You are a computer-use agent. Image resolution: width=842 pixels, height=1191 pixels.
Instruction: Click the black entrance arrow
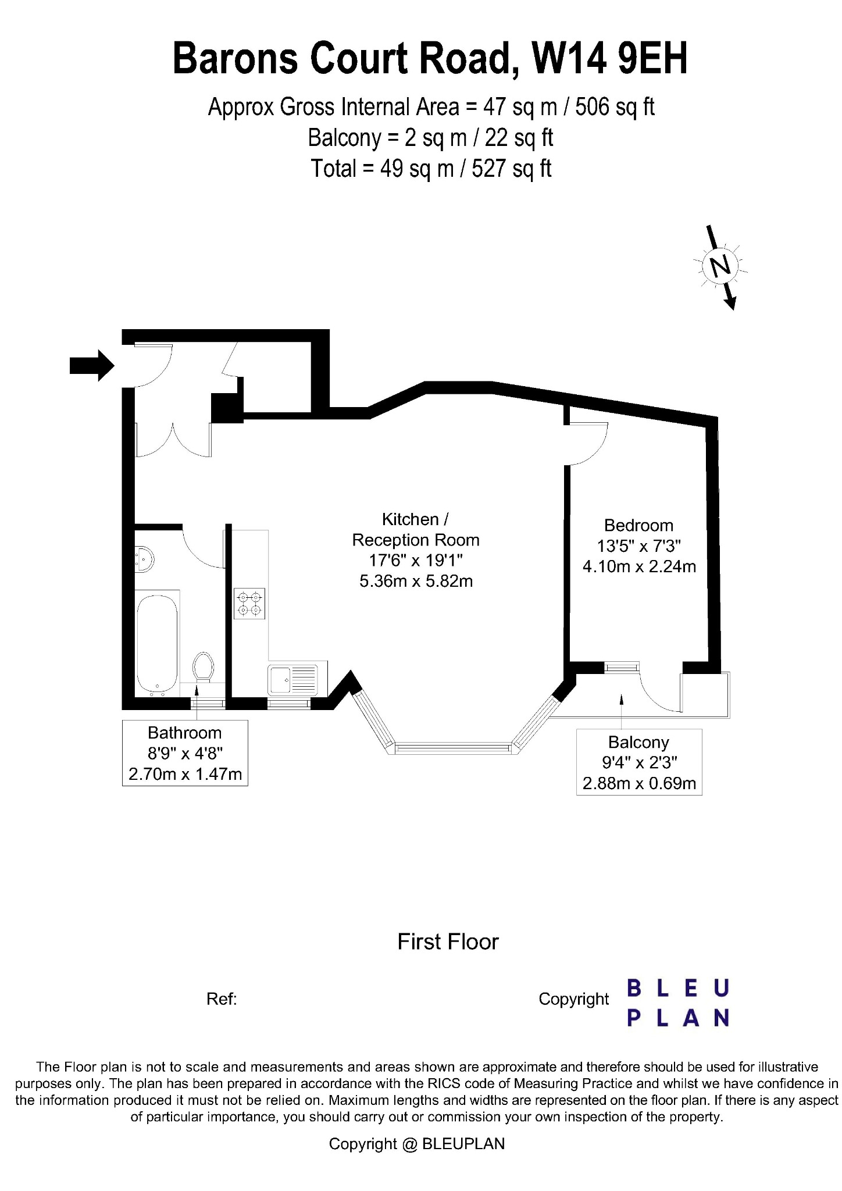point(92,365)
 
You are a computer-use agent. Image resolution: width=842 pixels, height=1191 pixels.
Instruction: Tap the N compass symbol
point(721,267)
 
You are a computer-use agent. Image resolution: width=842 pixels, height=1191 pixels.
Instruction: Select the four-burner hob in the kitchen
point(249,603)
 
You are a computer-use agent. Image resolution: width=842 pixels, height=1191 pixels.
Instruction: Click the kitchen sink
point(293,680)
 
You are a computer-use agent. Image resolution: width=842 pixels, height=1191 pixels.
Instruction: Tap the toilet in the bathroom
point(203,666)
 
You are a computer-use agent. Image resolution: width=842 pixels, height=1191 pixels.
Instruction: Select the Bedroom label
point(638,525)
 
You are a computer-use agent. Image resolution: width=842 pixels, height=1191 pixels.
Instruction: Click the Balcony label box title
point(638,742)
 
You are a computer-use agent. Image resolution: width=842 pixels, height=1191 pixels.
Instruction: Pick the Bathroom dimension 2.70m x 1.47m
point(185,774)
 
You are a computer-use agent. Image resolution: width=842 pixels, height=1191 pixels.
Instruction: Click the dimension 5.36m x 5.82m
point(416,581)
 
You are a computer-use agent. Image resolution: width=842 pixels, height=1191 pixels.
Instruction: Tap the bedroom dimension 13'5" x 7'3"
point(638,545)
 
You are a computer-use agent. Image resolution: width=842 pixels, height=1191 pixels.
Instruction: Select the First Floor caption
point(448,942)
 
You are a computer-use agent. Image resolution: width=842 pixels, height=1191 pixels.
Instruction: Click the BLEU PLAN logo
point(678,1003)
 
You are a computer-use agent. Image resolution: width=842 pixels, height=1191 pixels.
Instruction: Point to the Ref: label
point(222,999)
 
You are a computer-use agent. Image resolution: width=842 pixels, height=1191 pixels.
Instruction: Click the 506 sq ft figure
point(615,107)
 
